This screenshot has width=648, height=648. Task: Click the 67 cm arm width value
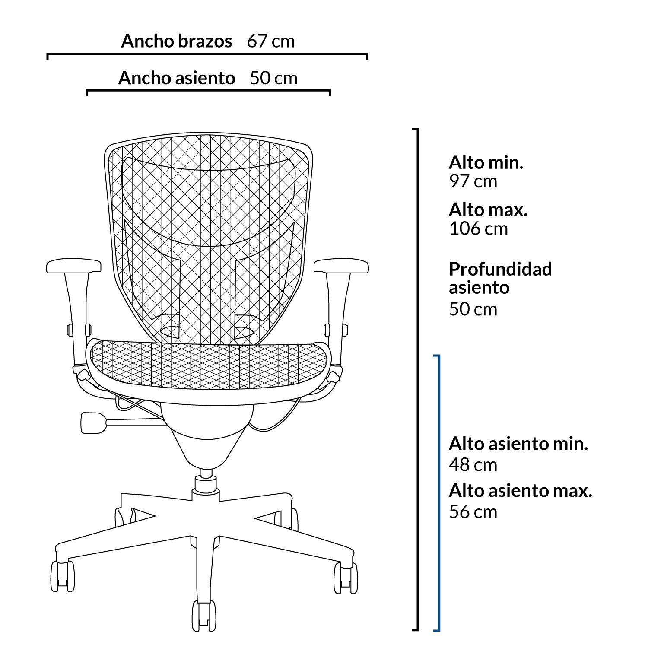click(x=271, y=41)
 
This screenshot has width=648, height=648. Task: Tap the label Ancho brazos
click(x=176, y=41)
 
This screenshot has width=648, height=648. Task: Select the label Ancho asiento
click(x=177, y=78)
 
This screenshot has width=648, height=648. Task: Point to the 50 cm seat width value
click(x=274, y=78)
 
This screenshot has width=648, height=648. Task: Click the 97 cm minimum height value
click(x=473, y=181)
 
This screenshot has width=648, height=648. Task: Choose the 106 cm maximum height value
click(x=479, y=229)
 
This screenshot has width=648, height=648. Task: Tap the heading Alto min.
click(x=486, y=163)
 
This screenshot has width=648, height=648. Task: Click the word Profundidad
click(x=500, y=269)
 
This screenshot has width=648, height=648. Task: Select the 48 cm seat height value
click(x=473, y=465)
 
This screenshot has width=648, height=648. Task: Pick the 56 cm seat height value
click(x=473, y=512)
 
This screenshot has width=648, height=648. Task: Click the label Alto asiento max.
click(x=520, y=491)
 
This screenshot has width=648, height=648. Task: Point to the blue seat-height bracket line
click(x=439, y=492)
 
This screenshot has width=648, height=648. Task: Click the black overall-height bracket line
click(x=418, y=379)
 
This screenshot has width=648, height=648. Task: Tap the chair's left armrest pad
click(x=73, y=266)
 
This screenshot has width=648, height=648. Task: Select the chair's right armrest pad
click(x=341, y=266)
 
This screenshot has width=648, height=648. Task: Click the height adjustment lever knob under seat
click(x=93, y=422)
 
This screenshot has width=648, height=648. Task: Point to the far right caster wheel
click(x=346, y=577)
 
